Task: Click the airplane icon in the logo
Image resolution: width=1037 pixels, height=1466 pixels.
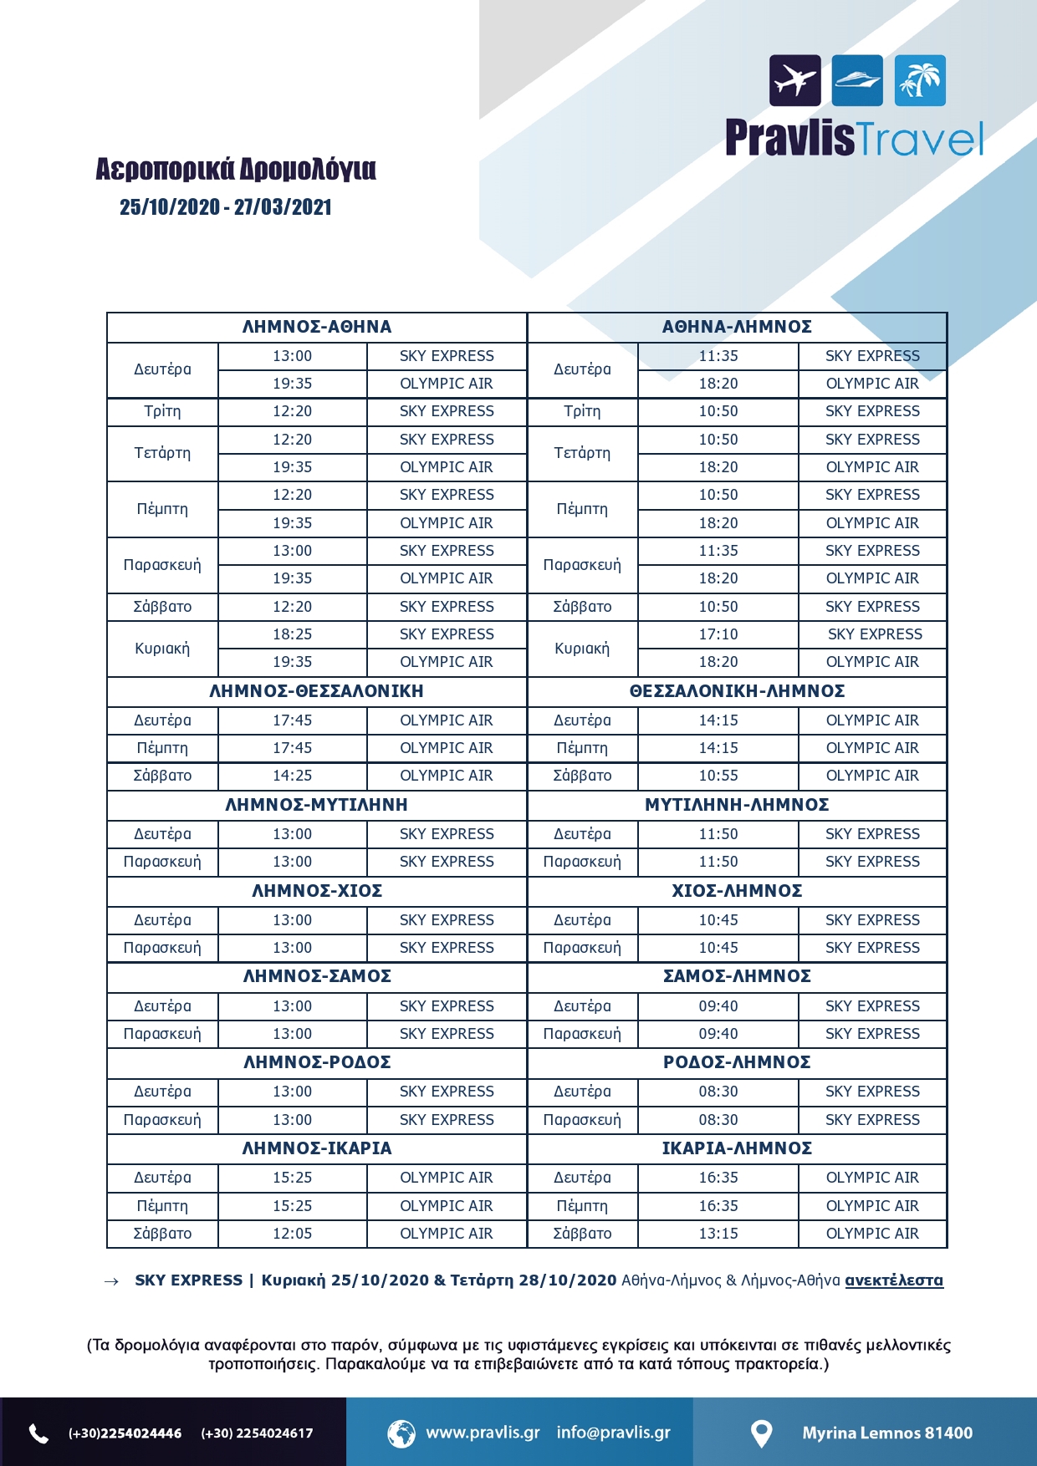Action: click(794, 80)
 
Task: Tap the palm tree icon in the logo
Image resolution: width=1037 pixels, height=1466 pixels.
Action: click(920, 80)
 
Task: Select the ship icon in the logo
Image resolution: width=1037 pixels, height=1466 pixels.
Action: click(857, 80)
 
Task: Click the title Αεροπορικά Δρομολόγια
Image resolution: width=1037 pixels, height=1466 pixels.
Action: click(236, 169)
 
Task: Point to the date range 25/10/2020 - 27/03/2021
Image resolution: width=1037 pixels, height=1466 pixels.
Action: click(226, 207)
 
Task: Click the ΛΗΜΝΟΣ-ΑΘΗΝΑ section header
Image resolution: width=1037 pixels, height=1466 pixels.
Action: click(317, 327)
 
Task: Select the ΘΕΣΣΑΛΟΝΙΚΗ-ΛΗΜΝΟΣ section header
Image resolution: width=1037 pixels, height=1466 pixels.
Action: click(737, 691)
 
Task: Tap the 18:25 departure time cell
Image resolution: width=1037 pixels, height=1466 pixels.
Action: click(292, 634)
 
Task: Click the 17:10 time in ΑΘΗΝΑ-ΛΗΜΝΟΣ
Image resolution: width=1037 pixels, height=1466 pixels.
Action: click(718, 634)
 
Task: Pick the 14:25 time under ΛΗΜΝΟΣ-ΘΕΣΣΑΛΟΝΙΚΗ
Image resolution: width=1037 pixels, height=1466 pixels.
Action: click(292, 776)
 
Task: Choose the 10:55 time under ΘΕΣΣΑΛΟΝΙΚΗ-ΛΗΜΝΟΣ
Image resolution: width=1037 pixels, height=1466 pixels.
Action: click(718, 776)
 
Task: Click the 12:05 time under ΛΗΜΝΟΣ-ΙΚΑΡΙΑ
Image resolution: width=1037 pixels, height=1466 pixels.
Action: click(292, 1234)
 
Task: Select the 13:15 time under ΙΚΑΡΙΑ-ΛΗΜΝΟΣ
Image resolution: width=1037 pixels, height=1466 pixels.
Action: click(718, 1234)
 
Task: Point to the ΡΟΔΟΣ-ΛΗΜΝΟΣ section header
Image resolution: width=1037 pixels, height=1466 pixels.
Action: click(737, 1062)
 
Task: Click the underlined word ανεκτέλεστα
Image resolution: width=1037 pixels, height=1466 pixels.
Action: click(894, 1280)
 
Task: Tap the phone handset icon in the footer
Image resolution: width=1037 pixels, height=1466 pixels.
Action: click(39, 1433)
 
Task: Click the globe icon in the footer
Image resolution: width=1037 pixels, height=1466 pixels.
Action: click(401, 1433)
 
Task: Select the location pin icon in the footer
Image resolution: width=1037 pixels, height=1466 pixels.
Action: click(761, 1433)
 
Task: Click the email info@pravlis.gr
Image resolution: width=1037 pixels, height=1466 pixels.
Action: click(614, 1433)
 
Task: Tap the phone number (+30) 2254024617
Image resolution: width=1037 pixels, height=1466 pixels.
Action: click(257, 1433)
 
